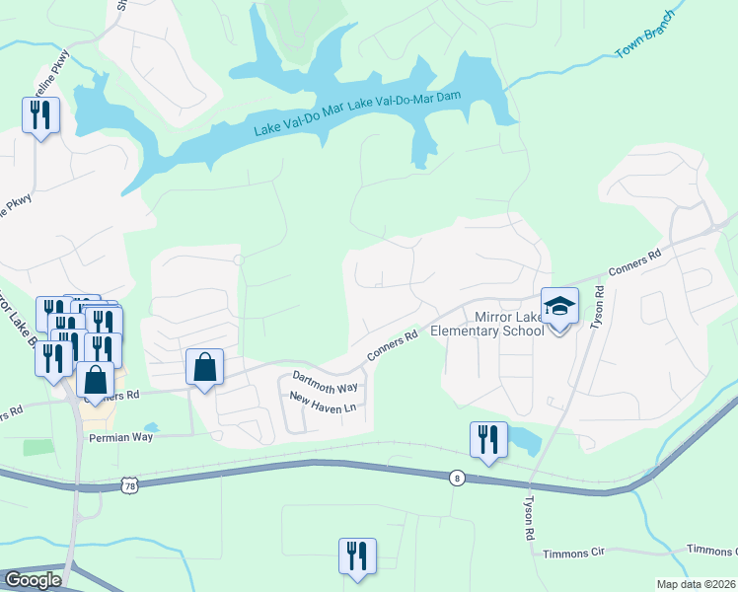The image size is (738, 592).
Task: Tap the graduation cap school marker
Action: click(559, 306)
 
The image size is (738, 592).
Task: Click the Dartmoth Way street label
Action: click(325, 381)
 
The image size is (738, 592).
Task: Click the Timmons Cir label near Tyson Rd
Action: click(569, 553)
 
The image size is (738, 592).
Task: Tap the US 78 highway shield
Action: click(128, 483)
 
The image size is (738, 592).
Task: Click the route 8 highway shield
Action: click(456, 477)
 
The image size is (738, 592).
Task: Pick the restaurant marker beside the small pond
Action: click(488, 440)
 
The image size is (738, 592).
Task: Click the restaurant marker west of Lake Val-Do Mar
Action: click(40, 115)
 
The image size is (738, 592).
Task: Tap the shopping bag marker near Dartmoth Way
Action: click(204, 368)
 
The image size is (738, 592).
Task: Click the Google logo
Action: click(33, 580)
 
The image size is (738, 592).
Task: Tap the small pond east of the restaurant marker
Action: click(524, 440)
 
